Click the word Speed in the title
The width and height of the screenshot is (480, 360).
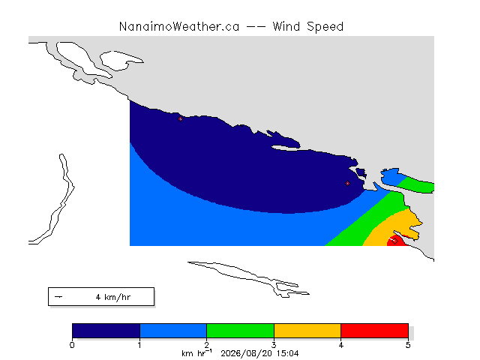325,27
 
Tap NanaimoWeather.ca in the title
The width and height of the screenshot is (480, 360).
179,27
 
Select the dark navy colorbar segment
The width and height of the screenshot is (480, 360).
106,331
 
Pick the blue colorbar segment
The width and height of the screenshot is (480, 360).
173,331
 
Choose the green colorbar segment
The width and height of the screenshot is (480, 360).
240,331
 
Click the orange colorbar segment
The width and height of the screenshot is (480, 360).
307,331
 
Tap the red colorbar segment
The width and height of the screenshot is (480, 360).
375,331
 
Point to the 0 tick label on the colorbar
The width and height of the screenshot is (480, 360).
72,345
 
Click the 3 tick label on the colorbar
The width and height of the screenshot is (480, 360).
274,345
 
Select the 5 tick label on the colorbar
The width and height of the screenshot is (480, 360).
408,345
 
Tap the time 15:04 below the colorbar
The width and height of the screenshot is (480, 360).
288,353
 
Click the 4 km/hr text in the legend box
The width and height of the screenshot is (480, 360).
113,297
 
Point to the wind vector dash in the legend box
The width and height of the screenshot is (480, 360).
58,297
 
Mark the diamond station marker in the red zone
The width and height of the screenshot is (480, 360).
395,241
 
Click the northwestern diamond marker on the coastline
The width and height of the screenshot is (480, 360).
180,118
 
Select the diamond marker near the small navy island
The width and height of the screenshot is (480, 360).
347,183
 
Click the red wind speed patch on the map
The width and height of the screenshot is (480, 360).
397,241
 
